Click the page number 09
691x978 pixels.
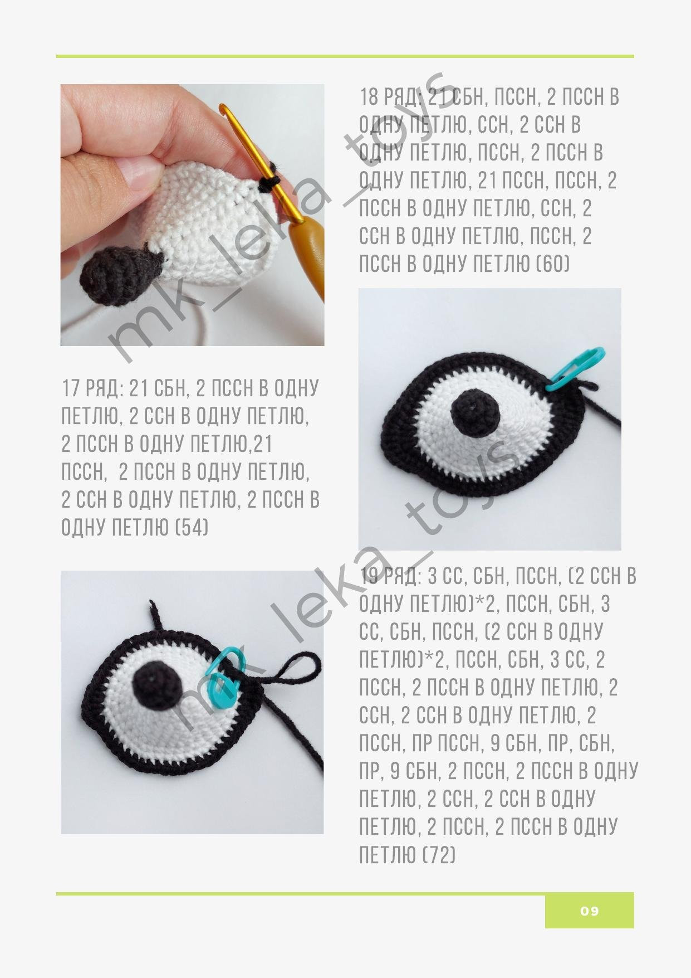click(x=589, y=911)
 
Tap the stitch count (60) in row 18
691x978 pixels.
click(x=553, y=264)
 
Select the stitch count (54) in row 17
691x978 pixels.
click(x=192, y=527)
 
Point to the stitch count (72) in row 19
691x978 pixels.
click(x=439, y=854)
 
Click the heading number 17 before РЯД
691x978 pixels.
click(x=71, y=388)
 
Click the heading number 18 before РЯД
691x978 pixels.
click(x=369, y=97)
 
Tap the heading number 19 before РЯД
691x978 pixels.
click(x=369, y=576)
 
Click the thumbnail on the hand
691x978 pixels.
click(x=134, y=170)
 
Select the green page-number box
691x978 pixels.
click(x=589, y=911)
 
